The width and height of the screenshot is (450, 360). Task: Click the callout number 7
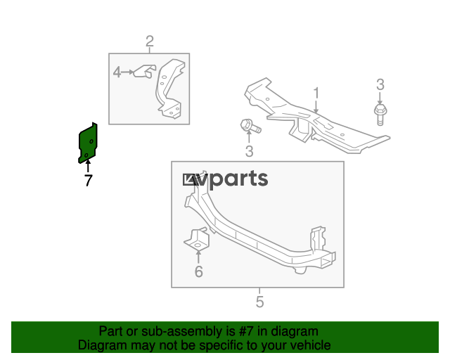pos(88,181)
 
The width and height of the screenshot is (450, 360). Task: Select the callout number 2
pos(150,41)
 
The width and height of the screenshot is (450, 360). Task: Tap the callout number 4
pos(117,71)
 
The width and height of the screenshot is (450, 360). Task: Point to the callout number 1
pos(316,93)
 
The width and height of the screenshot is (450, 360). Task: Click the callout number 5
pos(259,302)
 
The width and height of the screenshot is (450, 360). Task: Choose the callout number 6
pos(198,271)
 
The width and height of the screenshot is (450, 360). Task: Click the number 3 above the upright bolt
pos(380,85)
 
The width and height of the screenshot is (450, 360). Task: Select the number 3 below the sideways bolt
pos(249,152)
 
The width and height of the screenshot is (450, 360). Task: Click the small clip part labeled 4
pos(146,70)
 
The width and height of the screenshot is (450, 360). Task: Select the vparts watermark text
pos(225,179)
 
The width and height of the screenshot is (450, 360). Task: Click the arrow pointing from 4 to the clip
pos(128,71)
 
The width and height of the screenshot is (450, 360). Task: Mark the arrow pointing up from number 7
pos(88,167)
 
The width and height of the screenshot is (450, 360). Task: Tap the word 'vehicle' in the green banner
pos(309,345)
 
